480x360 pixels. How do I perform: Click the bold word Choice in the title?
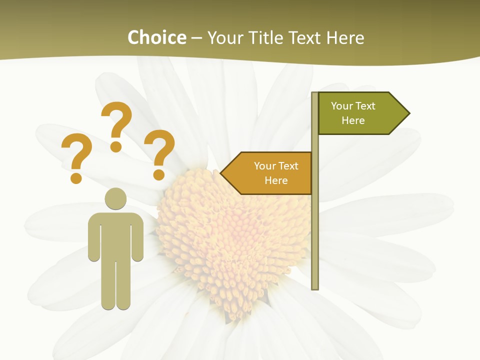click(156, 37)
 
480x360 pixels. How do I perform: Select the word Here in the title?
click(345, 37)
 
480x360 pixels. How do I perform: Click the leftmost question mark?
click(76, 152)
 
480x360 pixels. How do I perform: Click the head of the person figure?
click(115, 198)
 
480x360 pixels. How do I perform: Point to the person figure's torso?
click(115, 235)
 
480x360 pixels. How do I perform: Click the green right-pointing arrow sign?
click(357, 113)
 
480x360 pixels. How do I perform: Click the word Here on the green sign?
click(353, 120)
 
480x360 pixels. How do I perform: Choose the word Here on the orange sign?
click(276, 180)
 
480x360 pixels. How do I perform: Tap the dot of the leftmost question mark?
click(76, 178)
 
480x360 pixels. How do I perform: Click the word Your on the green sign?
click(342, 106)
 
